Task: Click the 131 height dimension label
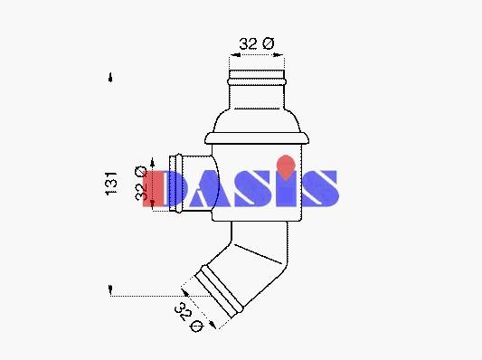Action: click(111, 184)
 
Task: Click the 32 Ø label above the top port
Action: click(257, 43)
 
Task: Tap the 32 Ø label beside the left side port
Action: click(141, 183)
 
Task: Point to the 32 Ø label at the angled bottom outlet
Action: click(188, 317)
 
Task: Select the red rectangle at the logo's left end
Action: click(153, 188)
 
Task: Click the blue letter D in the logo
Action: click(175, 188)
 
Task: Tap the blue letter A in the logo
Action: click(209, 188)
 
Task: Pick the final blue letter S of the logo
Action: click(320, 188)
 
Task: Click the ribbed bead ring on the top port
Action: click(257, 81)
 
